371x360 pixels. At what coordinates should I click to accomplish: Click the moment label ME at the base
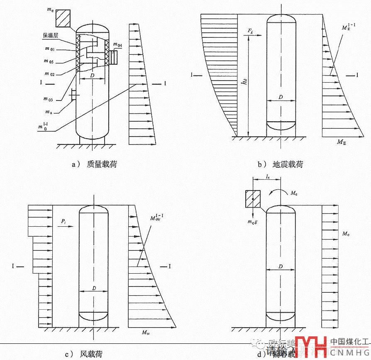[341, 143]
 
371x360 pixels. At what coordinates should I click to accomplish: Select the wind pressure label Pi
[63, 222]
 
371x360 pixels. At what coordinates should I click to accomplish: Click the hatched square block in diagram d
[253, 198]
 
